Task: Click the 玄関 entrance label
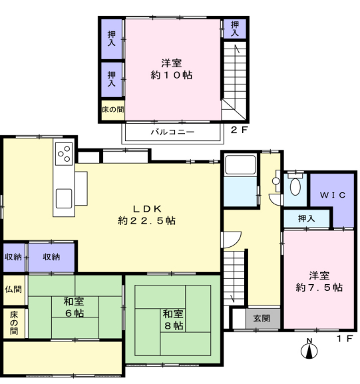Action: click(262, 318)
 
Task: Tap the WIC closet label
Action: click(333, 195)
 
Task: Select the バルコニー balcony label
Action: click(172, 132)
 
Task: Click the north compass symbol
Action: click(309, 349)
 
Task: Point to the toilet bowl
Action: click(295, 186)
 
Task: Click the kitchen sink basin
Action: click(64, 198)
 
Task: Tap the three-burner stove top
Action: click(64, 154)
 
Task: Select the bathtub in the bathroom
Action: click(240, 165)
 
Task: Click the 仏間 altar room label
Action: click(13, 289)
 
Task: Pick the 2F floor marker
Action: click(240, 130)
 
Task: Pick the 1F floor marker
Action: click(345, 339)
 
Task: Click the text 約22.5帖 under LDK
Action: click(146, 221)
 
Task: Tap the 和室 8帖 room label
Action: click(173, 319)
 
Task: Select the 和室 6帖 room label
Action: click(74, 307)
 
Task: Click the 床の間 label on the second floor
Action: click(113, 109)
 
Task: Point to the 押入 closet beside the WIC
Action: click(306, 218)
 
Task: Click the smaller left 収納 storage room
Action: click(14, 257)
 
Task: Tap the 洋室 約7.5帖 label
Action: click(319, 282)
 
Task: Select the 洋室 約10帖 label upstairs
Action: click(172, 69)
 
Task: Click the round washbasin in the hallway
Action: click(276, 181)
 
